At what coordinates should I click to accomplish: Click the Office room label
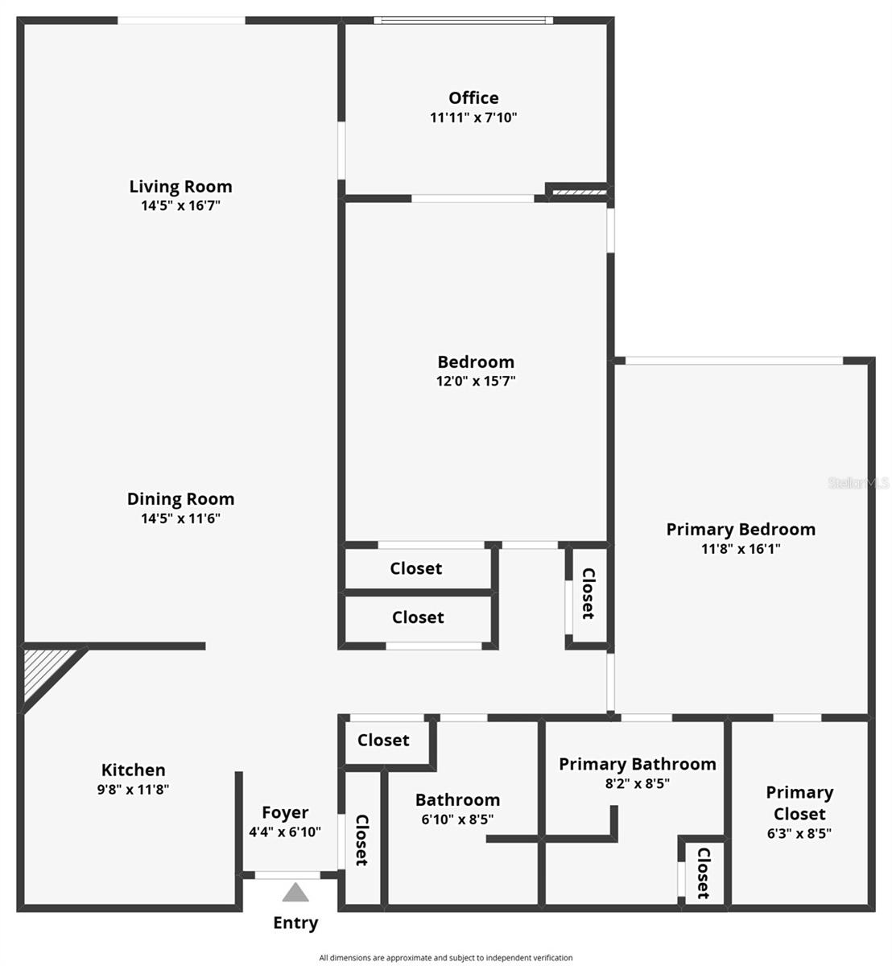tap(473, 98)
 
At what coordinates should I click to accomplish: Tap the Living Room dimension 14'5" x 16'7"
tap(180, 206)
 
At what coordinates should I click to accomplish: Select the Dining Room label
tap(180, 499)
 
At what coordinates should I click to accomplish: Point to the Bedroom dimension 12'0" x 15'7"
tap(476, 382)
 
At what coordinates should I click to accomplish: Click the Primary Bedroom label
tap(741, 530)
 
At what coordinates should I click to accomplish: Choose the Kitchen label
tap(134, 770)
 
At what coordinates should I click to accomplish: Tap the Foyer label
tap(285, 813)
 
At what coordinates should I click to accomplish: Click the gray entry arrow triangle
tap(295, 893)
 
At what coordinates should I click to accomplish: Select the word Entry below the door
tap(295, 923)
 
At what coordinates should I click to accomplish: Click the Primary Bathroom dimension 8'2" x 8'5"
tap(637, 783)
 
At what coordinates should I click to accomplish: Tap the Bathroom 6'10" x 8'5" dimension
tap(457, 819)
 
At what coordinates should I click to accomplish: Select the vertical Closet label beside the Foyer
tap(361, 840)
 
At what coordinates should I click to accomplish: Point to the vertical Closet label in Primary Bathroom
tap(703, 873)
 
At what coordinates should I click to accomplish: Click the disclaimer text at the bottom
tap(446, 958)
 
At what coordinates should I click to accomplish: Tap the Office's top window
tap(463, 21)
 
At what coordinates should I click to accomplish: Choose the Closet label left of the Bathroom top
tap(383, 741)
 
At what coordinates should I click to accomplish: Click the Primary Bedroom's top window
tap(734, 361)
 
